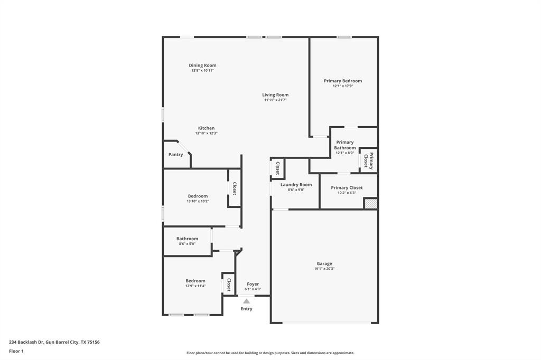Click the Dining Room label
(202, 65)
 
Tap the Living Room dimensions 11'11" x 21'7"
(275, 100)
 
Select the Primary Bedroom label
(343, 81)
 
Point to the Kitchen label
(206, 128)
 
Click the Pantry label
(175, 155)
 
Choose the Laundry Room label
(296, 185)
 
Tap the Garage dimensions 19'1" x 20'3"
(324, 269)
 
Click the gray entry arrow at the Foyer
(246, 301)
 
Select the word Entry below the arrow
(246, 309)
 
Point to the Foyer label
(253, 284)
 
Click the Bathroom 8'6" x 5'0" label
(187, 239)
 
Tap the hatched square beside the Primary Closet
(371, 203)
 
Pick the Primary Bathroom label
(344, 145)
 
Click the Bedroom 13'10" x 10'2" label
(198, 196)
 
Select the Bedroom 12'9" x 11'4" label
(195, 281)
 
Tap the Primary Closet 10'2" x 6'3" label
(347, 188)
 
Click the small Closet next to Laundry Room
(278, 168)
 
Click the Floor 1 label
(16, 350)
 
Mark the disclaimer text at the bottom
(270, 353)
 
